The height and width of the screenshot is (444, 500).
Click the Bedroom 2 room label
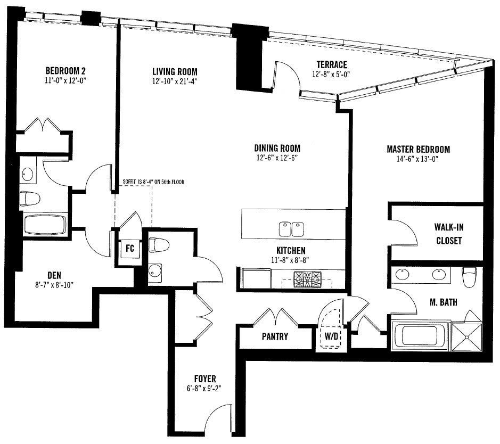[x=65, y=70]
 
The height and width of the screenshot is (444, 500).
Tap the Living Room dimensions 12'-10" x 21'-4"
[x=175, y=81]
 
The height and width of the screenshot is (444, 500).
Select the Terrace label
[x=332, y=65]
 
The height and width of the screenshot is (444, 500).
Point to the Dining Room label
[x=277, y=148]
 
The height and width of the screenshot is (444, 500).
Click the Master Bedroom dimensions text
[x=417, y=159]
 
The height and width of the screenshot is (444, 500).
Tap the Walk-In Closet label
[x=449, y=234]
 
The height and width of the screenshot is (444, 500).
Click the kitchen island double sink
[x=291, y=229]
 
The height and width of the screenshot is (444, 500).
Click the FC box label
[x=130, y=248]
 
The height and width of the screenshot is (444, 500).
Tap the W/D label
[x=331, y=336]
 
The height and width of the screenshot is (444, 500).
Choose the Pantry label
[x=275, y=336]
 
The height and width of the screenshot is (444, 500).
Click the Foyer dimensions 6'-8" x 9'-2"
[x=204, y=389]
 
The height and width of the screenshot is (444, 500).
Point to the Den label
[x=54, y=275]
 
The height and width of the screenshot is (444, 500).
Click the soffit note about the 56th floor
[x=153, y=182]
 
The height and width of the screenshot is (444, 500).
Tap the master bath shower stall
[x=467, y=337]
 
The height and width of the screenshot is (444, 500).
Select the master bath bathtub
[x=419, y=336]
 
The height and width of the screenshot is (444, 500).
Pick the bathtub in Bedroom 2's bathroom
[x=45, y=225]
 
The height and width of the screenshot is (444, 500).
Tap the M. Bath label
[x=443, y=302]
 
